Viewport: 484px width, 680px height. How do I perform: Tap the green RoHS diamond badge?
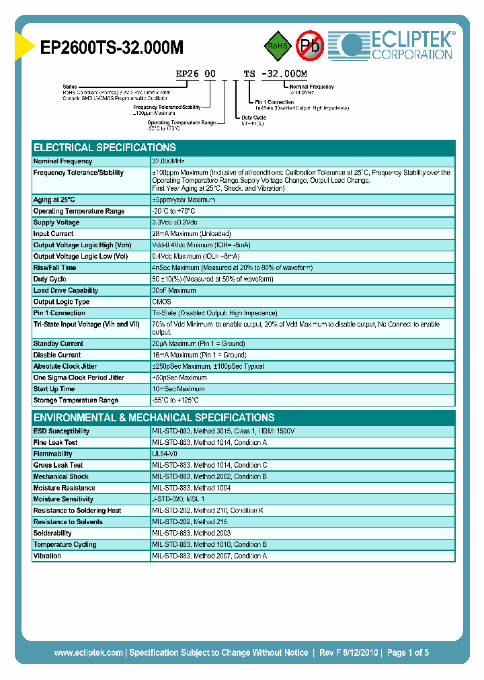[x=276, y=46]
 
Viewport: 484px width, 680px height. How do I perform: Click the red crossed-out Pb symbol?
[x=310, y=46]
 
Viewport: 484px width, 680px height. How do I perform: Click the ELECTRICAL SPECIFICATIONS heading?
[x=105, y=148]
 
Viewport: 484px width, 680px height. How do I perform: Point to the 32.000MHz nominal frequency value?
[x=168, y=161]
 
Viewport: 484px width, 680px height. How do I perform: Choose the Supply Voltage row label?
[x=56, y=222]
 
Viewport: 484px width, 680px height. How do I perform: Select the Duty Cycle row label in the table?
[x=50, y=279]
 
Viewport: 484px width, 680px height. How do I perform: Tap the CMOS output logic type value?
[x=161, y=302]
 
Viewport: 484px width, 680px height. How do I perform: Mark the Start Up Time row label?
[x=54, y=388]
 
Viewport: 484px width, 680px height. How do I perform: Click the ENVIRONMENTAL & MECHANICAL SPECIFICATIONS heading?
[x=154, y=417]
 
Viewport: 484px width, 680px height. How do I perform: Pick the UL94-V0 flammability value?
[x=166, y=454]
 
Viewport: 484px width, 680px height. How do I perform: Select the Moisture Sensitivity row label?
[x=64, y=499]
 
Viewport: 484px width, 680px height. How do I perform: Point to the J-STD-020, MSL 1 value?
[x=178, y=499]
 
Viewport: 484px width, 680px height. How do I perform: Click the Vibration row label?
[x=47, y=556]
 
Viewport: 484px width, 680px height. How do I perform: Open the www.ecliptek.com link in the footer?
[x=88, y=652]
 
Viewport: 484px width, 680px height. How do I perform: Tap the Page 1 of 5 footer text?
[x=408, y=652]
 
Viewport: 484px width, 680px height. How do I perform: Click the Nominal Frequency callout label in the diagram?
[x=311, y=87]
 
